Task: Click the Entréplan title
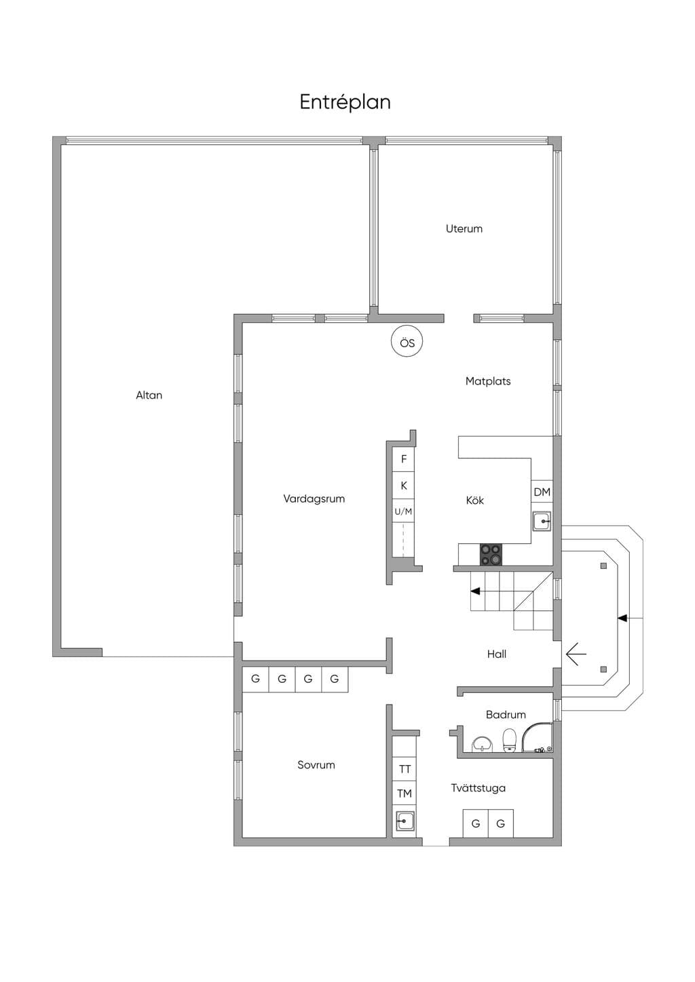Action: click(x=345, y=102)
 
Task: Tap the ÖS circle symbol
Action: click(x=407, y=342)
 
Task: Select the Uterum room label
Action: click(x=464, y=229)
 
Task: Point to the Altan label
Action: click(x=149, y=395)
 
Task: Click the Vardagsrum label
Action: click(x=314, y=499)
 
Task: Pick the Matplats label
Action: click(x=488, y=381)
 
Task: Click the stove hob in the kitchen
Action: click(x=491, y=555)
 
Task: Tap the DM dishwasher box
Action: click(x=542, y=492)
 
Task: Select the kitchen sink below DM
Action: click(x=542, y=522)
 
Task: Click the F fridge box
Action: click(x=404, y=459)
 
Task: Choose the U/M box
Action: click(x=403, y=511)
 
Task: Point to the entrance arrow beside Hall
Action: click(x=576, y=654)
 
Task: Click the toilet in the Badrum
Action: click(x=509, y=740)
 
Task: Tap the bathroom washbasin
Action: click(x=482, y=744)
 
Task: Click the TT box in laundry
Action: click(x=404, y=769)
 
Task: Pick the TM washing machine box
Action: click(x=404, y=793)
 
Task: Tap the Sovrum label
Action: click(x=316, y=765)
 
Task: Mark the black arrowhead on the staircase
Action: click(x=474, y=591)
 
